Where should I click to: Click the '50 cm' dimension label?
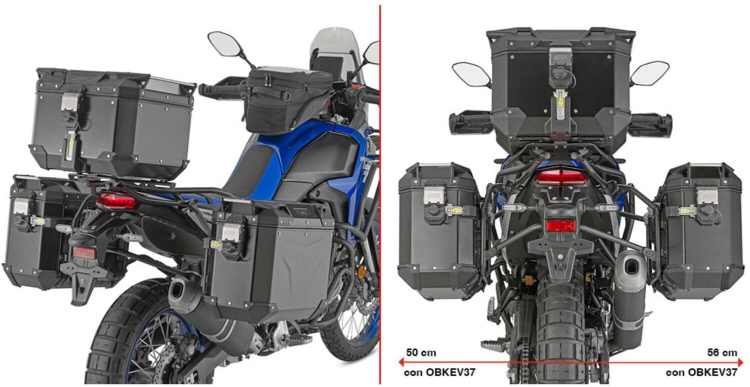[x=421, y=353]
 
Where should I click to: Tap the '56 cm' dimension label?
[x=722, y=353]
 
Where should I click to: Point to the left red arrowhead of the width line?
[x=402, y=362]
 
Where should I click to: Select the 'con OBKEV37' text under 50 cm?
[x=439, y=373]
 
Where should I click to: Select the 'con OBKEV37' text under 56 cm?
[x=701, y=373]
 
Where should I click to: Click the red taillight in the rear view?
[x=561, y=177]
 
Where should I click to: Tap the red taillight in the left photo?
[x=116, y=201]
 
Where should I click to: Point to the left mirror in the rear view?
[x=471, y=74]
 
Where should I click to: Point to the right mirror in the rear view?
[x=649, y=73]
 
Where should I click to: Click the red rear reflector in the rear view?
[x=560, y=225]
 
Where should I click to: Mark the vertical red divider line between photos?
[x=380, y=195]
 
